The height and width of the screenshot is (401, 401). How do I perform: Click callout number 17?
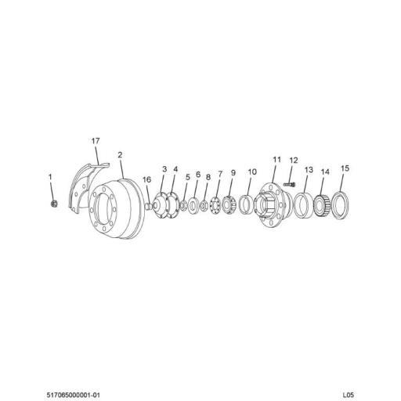[x=96, y=141]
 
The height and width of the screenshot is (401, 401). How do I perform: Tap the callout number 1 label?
[x=51, y=177]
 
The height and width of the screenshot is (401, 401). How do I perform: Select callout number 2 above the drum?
[x=121, y=155]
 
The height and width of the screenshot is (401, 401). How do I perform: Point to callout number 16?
[x=146, y=179]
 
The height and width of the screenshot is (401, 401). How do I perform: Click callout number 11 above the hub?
[x=276, y=160]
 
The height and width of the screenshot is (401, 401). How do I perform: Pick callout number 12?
[x=294, y=161]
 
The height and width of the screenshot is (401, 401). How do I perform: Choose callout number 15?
[x=345, y=168]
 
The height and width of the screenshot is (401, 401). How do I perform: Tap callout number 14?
[x=326, y=172]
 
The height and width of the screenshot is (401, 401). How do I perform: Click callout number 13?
[x=309, y=170]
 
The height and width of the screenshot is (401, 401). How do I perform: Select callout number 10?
[x=252, y=172]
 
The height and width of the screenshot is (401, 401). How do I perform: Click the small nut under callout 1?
[x=53, y=204]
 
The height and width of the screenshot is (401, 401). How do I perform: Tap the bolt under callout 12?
[x=287, y=185]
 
